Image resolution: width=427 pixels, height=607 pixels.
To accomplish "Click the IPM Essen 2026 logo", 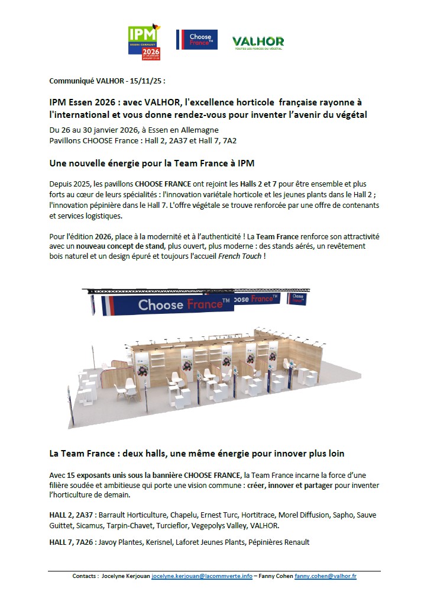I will (144, 42).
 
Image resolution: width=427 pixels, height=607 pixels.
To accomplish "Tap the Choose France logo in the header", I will (197, 40).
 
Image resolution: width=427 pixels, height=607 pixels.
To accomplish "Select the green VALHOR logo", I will (258, 41).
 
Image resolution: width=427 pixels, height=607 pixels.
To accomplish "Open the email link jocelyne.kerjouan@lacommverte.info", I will (193, 576).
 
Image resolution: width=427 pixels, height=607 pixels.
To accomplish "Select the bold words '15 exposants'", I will (89, 476).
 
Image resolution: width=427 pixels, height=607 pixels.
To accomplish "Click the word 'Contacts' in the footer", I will (85, 576).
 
